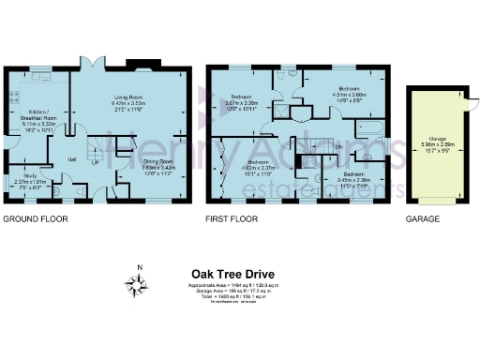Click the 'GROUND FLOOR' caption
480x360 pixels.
pos(33,219)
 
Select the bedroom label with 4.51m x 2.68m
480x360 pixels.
pos(349,93)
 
